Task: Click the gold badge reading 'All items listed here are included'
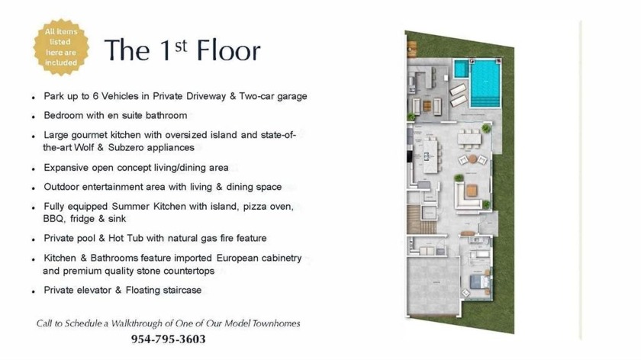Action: (x=61, y=47)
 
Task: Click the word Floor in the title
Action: (x=228, y=50)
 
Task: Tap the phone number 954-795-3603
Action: (x=168, y=339)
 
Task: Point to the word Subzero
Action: (x=126, y=147)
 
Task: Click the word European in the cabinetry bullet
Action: (x=237, y=259)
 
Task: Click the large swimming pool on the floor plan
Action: (x=485, y=83)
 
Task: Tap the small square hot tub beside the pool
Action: (x=461, y=69)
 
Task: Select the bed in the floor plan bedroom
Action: (x=479, y=281)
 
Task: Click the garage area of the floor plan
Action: (x=433, y=284)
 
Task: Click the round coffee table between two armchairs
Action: (x=472, y=159)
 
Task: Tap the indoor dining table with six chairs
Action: (x=469, y=138)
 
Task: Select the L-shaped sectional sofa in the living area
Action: (x=466, y=195)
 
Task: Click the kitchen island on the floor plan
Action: (x=430, y=156)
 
